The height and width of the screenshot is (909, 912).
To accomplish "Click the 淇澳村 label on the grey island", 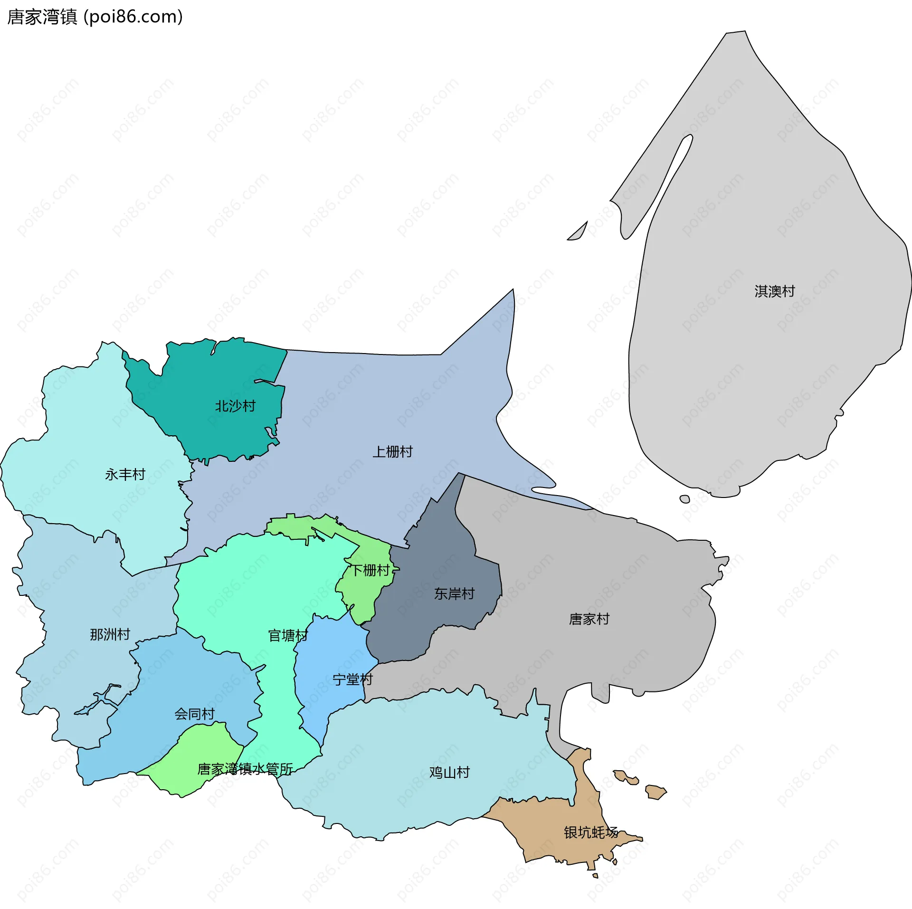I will pyautogui.click(x=774, y=291).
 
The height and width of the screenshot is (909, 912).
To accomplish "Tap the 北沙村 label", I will pyautogui.click(x=235, y=406).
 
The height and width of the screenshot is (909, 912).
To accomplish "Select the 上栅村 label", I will pyautogui.click(x=392, y=451).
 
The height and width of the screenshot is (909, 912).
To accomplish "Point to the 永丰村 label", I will pyautogui.click(x=125, y=474).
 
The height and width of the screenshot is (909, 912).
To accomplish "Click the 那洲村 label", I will pyautogui.click(x=110, y=634).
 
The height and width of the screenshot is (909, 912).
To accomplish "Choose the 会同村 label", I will pyautogui.click(x=194, y=714).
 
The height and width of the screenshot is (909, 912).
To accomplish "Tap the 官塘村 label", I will pyautogui.click(x=288, y=635).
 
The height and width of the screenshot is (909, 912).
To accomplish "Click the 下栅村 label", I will pyautogui.click(x=370, y=570).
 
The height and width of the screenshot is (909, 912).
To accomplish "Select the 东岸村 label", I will pyautogui.click(x=454, y=593).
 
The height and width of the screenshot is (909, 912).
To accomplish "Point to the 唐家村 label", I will pyautogui.click(x=589, y=619).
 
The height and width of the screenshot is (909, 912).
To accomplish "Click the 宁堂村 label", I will pyautogui.click(x=352, y=679).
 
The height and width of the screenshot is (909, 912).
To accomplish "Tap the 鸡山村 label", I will pyautogui.click(x=449, y=772).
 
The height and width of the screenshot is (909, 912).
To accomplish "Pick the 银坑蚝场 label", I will pyautogui.click(x=591, y=832).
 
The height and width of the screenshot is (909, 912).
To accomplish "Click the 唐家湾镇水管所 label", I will pyautogui.click(x=245, y=769).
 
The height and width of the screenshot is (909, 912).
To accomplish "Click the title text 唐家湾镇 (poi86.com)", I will pyautogui.click(x=95, y=17).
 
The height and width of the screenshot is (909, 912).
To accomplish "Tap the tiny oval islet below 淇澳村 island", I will pyautogui.click(x=684, y=499).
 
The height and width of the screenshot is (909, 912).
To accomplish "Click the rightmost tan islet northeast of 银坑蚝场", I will pyautogui.click(x=656, y=792).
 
